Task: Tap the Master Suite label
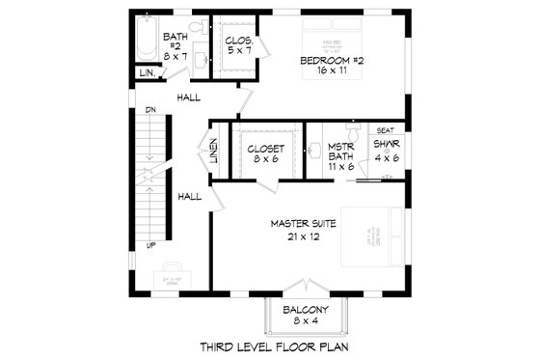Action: click(x=304, y=223)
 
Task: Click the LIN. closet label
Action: click(x=147, y=73)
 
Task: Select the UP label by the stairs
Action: click(x=150, y=245)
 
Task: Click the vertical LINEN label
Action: click(x=212, y=150)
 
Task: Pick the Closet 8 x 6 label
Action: click(x=264, y=149)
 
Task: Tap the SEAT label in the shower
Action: click(x=384, y=130)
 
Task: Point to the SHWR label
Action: click(x=387, y=144)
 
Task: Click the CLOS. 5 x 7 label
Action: click(x=238, y=42)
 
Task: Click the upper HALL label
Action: click(x=189, y=97)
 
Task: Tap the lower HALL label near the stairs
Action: click(x=189, y=196)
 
